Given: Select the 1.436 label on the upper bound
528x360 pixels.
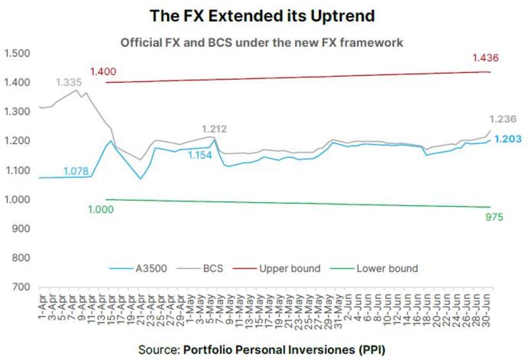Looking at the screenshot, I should click(485, 59).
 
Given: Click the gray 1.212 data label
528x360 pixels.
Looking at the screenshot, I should click(214, 129).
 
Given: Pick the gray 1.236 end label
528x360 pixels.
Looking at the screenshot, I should click(502, 119).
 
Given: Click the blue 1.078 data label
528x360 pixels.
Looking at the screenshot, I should click(77, 172).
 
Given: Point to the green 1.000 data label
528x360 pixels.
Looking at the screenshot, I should click(101, 209).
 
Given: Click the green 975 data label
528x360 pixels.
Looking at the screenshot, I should click(494, 217).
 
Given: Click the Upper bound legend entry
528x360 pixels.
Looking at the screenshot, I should click(289, 268).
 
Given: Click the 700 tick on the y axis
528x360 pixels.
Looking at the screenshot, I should click(22, 287).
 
